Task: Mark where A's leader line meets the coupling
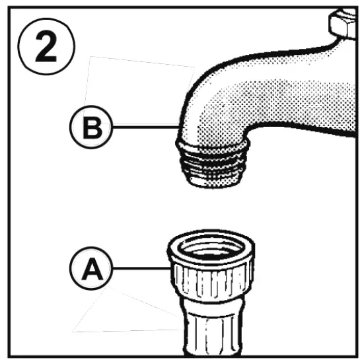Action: coord(170,268)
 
